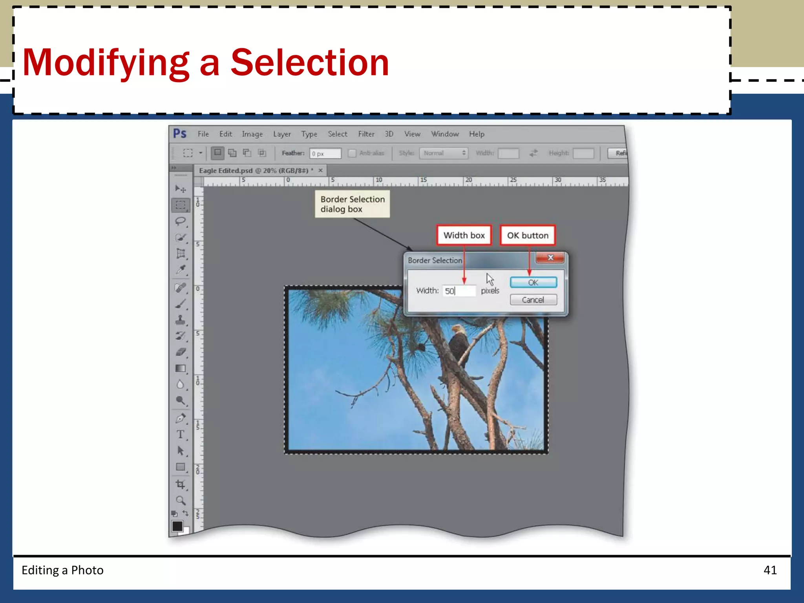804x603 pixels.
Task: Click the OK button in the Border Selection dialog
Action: (533, 282)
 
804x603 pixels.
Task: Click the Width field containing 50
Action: (459, 291)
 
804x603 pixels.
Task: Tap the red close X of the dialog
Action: (550, 258)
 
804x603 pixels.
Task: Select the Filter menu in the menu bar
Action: (366, 134)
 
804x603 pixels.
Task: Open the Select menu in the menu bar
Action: (337, 134)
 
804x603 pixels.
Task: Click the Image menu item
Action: (252, 134)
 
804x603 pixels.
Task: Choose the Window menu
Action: (445, 134)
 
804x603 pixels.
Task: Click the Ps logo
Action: (180, 134)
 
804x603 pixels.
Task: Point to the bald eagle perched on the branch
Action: (458, 342)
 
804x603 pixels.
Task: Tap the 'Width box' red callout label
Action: (464, 235)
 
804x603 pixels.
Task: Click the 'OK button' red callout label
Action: (528, 235)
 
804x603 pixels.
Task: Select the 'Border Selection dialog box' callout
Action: (352, 204)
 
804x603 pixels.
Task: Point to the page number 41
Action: (770, 570)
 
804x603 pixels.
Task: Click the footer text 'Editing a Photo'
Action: (62, 570)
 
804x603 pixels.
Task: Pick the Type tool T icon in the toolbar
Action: (180, 434)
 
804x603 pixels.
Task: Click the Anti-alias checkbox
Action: (352, 153)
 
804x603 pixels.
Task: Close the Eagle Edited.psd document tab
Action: (321, 170)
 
